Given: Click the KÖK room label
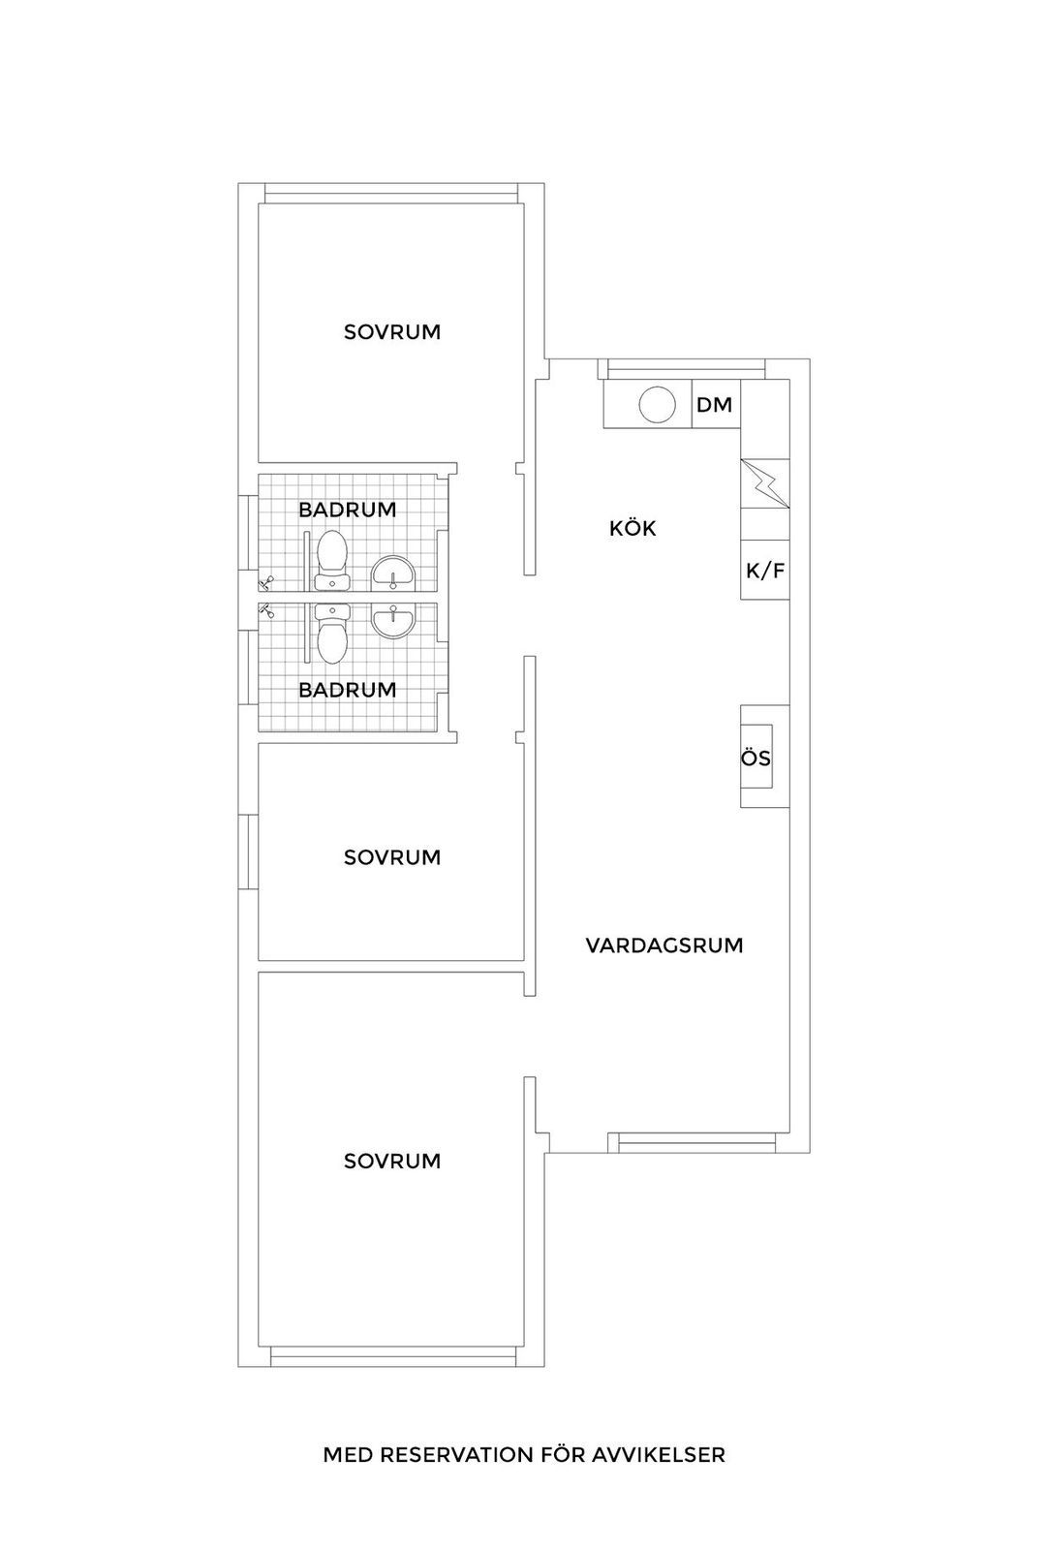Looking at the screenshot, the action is pyautogui.click(x=632, y=529).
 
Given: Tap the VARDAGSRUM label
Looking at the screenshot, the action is pyautogui.click(x=664, y=945).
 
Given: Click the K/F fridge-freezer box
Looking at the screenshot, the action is pyautogui.click(x=764, y=570).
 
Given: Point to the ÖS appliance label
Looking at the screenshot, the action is pyautogui.click(x=756, y=758).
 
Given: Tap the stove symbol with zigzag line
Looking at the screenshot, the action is pyautogui.click(x=764, y=483).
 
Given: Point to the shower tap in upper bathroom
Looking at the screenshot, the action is pyautogui.click(x=266, y=582).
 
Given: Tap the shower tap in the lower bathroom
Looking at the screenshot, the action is pyautogui.click(x=266, y=610).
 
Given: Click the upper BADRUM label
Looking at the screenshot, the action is pyautogui.click(x=348, y=510).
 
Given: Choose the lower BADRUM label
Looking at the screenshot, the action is pyautogui.click(x=348, y=690).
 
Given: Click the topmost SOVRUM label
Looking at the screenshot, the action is pyautogui.click(x=392, y=332).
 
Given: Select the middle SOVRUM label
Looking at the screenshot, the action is pyautogui.click(x=392, y=857).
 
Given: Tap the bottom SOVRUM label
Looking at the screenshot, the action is pyautogui.click(x=392, y=1161).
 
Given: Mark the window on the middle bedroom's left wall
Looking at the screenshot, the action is pyautogui.click(x=248, y=852).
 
